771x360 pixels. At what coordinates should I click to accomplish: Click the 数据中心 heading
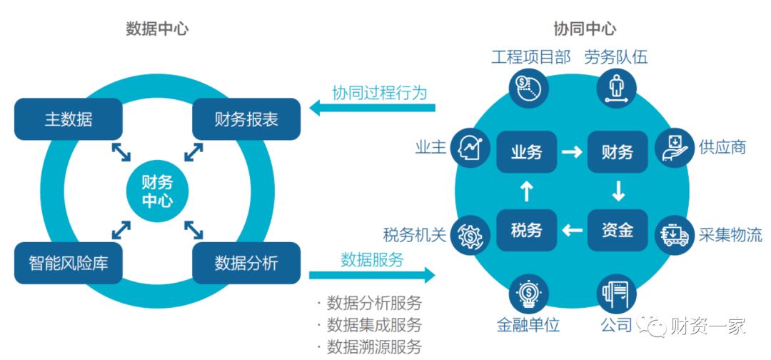(x=157, y=29)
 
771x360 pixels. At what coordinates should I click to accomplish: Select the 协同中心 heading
(x=585, y=29)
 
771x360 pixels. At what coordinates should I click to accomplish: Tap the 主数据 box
(x=69, y=119)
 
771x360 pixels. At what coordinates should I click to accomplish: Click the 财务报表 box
(x=246, y=119)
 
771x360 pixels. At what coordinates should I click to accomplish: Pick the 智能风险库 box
(x=69, y=263)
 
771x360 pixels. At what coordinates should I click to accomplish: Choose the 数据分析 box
(x=246, y=263)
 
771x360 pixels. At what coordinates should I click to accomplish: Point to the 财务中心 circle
(x=157, y=191)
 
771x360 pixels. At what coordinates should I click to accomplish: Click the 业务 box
(x=527, y=151)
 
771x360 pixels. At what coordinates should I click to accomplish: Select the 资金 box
(x=618, y=230)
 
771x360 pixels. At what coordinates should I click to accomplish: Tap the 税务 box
(x=527, y=230)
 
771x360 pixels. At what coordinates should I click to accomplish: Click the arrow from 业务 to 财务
(x=572, y=151)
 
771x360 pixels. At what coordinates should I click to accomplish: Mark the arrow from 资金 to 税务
(x=572, y=230)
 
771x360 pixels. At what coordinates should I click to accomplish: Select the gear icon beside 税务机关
(x=472, y=234)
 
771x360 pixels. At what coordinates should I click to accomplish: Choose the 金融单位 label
(x=528, y=325)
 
